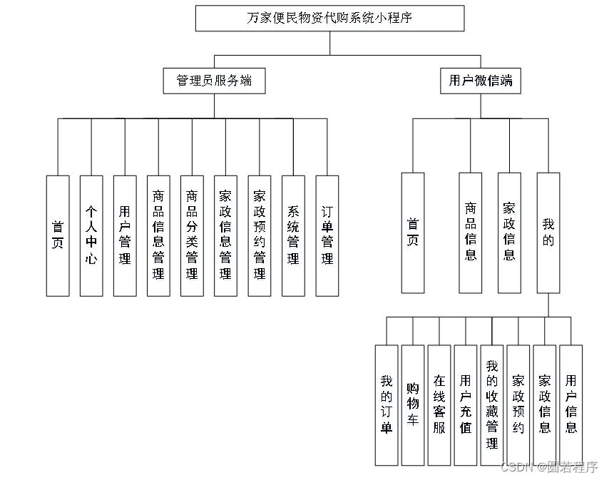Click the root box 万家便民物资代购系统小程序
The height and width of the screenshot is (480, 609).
pos(329,19)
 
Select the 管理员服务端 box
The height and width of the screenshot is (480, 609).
pos(214,81)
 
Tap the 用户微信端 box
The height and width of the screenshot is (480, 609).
pos(480,81)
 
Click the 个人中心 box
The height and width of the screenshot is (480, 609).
pos(91,235)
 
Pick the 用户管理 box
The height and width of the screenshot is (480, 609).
pos(125,235)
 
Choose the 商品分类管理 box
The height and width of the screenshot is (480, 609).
pos(192,235)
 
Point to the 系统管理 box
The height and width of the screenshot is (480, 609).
pos(293,235)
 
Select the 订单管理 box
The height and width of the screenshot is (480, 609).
pos(327,235)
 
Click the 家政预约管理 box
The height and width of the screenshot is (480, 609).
pos(260,235)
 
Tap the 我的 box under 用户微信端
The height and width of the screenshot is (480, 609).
pos(548,233)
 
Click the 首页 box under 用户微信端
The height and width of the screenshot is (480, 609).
pos(412,233)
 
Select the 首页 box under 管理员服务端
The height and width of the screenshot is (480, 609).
pos(58,235)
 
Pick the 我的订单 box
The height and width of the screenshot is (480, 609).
pos(387,405)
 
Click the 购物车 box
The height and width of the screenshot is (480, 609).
pos(413,405)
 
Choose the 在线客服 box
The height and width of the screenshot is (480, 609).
pos(439,405)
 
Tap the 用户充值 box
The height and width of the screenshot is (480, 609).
pos(466,405)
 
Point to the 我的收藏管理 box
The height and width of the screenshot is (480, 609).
pos(492,405)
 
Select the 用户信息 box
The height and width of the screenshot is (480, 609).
pos(570,405)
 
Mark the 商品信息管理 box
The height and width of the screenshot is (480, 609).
pos(158,235)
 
